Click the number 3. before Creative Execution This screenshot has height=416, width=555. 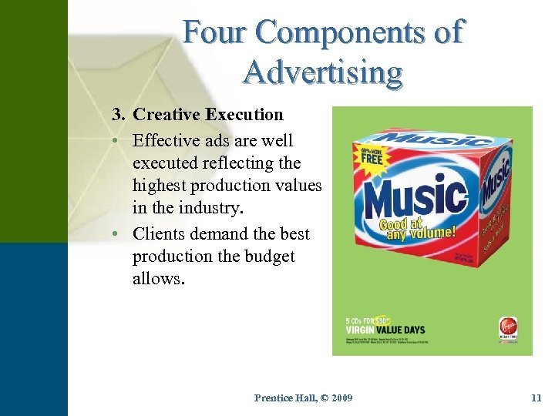pyautogui.click(x=119, y=116)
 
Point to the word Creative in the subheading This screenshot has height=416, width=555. pyautogui.click(x=165, y=116)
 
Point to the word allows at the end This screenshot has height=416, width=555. pyautogui.click(x=157, y=279)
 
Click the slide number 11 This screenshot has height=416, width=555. pyautogui.click(x=536, y=398)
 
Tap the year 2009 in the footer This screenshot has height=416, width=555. pyautogui.click(x=337, y=398)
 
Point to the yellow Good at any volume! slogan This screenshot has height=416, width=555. pyautogui.click(x=416, y=229)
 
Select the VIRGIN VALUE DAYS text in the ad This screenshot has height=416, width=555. pyautogui.click(x=386, y=330)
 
